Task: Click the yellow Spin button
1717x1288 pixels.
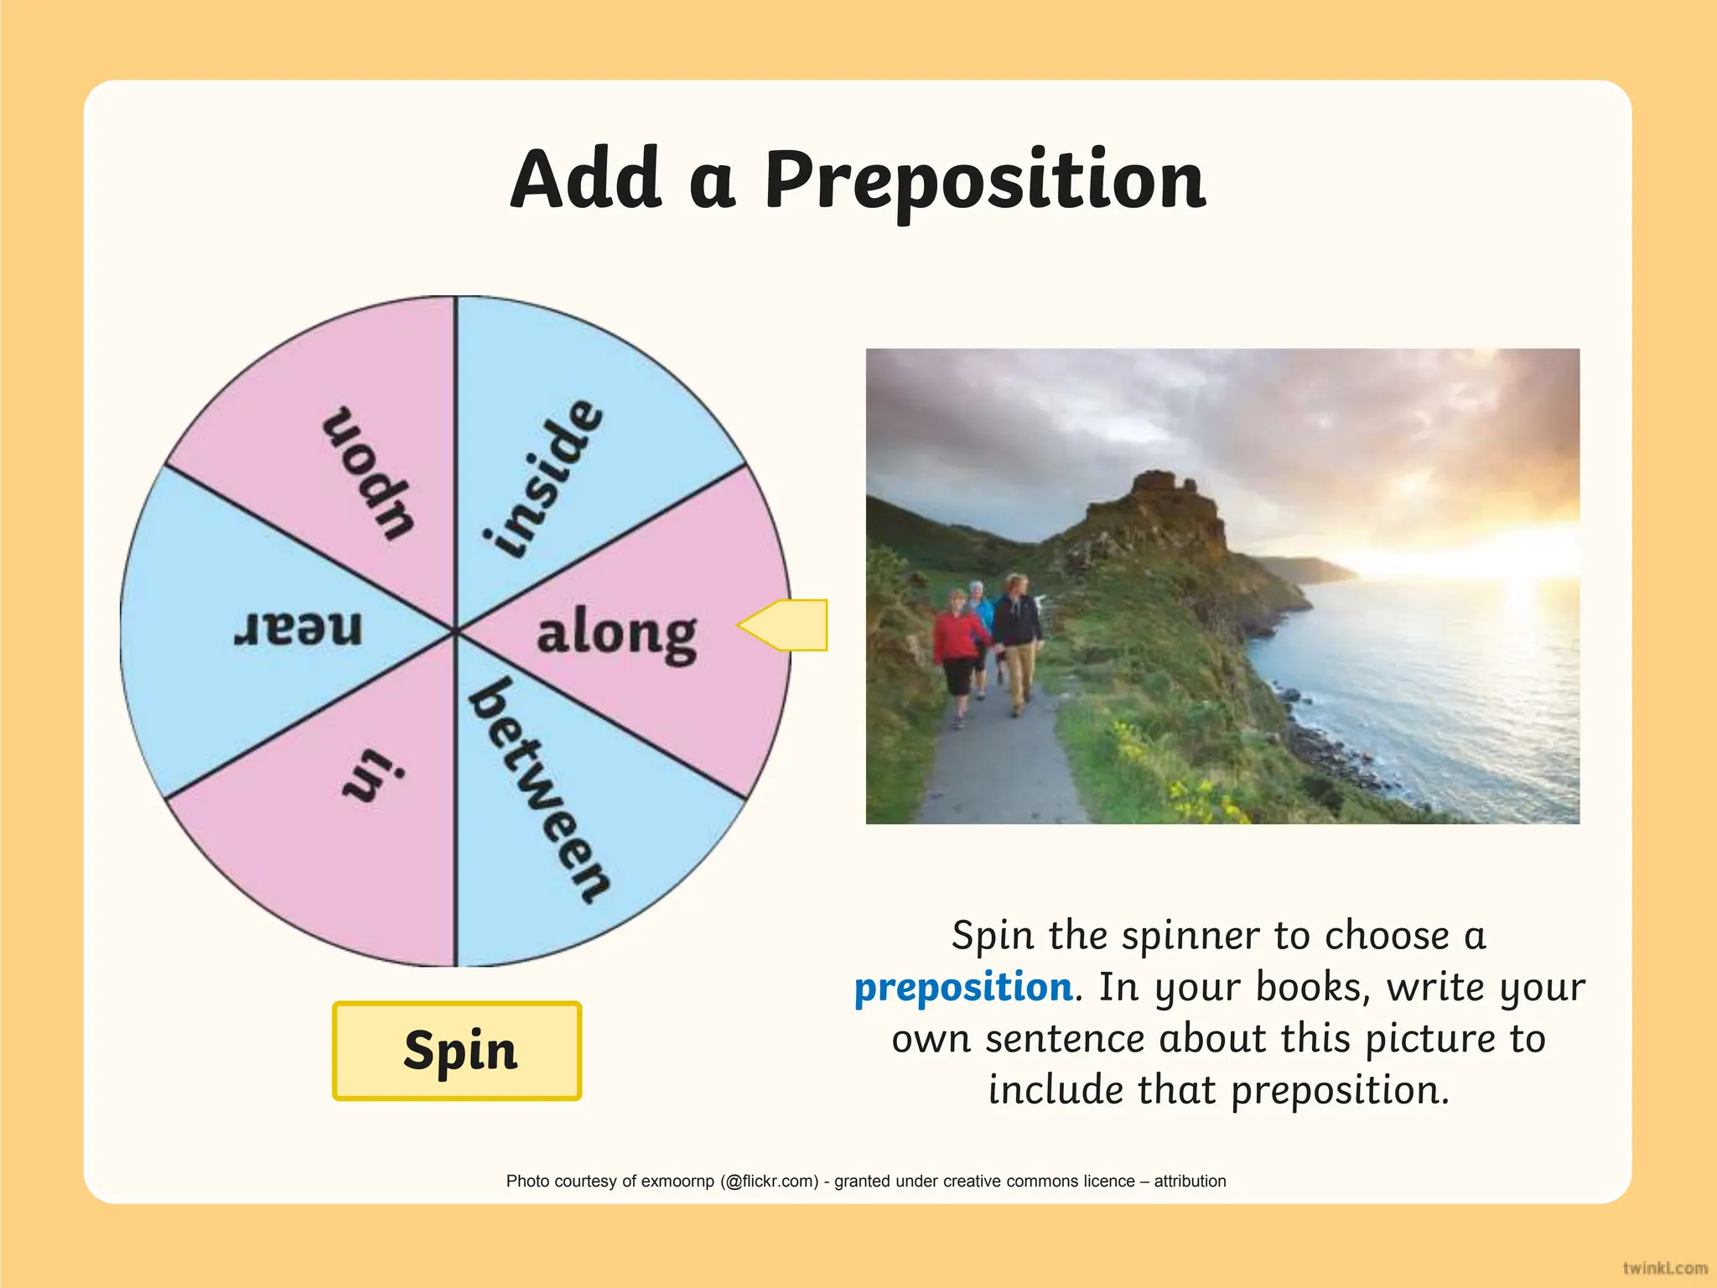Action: pyautogui.click(x=457, y=1050)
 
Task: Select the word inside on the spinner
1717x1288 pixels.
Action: pyautogui.click(x=543, y=478)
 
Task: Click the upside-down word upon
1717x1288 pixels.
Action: pyautogui.click(x=369, y=473)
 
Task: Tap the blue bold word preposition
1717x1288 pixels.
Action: pyautogui.click(x=963, y=988)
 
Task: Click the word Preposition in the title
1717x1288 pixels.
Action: pyautogui.click(x=985, y=180)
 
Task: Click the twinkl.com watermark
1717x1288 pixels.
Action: pyautogui.click(x=1664, y=1268)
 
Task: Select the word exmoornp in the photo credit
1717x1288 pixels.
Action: pyautogui.click(x=677, y=1182)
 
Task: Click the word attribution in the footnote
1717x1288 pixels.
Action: pyautogui.click(x=1190, y=1182)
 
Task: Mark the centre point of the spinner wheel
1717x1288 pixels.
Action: pyautogui.click(x=455, y=631)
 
